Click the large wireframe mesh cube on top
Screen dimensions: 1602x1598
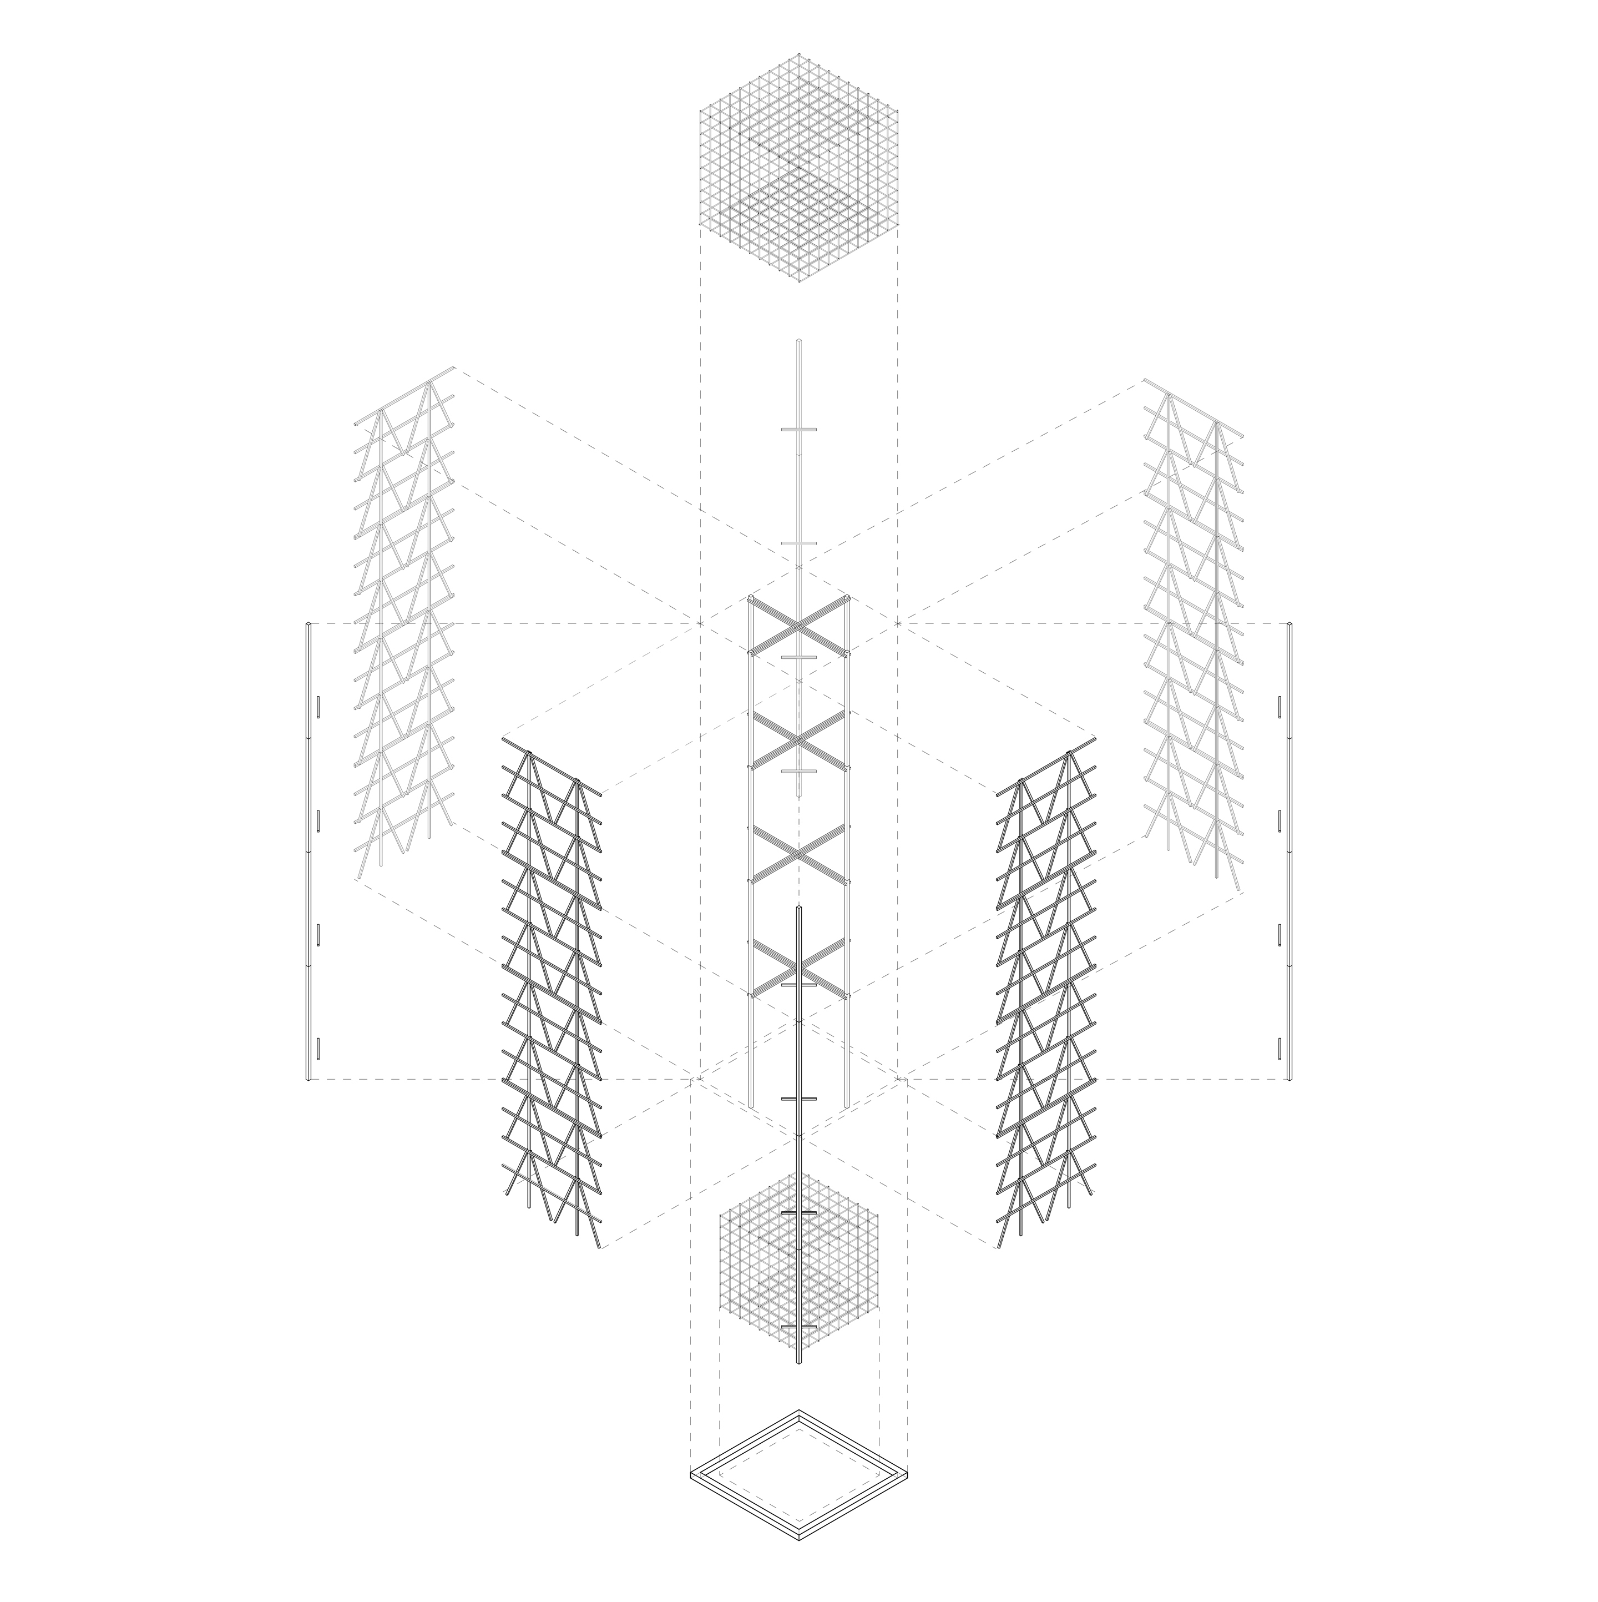tap(799, 170)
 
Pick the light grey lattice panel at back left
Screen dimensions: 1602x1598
tap(405, 622)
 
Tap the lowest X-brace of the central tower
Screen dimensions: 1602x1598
tap(799, 967)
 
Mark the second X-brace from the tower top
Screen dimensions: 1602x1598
tap(799, 738)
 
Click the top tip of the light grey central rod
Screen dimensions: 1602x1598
tap(799, 340)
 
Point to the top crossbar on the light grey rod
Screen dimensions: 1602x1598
tap(799, 429)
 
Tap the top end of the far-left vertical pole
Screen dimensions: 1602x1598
tap(309, 623)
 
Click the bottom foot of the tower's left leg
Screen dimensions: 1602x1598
tap(751, 1105)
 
